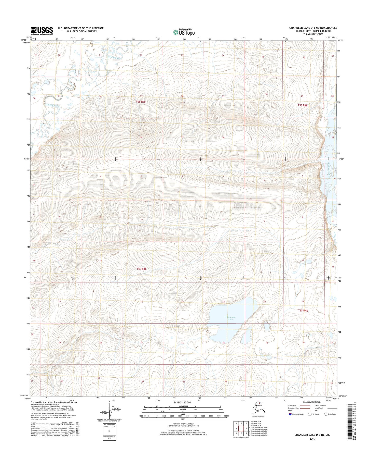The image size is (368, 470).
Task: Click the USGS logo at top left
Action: [42, 31]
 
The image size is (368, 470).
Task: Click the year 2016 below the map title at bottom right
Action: [312, 439]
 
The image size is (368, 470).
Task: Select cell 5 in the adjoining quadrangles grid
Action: [246, 428]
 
